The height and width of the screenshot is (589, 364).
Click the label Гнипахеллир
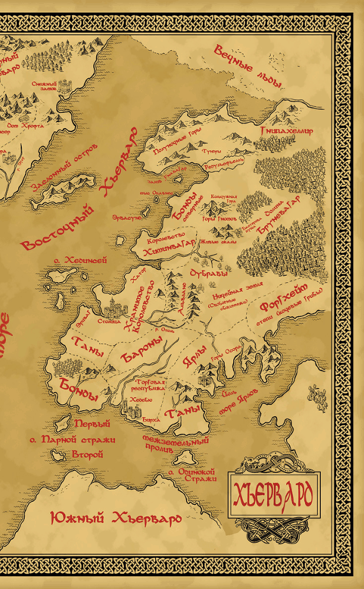point(286,130)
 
